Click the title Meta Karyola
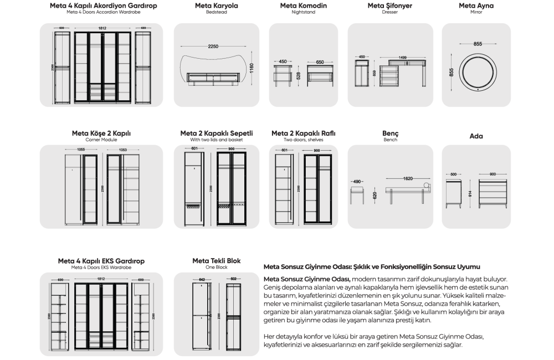[217, 6]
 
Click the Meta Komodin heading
[303, 6]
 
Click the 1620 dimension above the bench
[408, 179]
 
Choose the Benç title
[390, 134]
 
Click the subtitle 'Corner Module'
[101, 140]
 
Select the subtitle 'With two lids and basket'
[217, 140]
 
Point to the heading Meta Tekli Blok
[217, 261]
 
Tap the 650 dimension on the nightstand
[320, 62]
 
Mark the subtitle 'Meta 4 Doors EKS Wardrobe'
[101, 268]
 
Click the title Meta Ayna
[476, 6]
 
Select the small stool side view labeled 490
[357, 194]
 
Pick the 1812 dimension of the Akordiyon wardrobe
[102, 28]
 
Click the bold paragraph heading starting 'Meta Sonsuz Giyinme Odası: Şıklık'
[371, 267]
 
